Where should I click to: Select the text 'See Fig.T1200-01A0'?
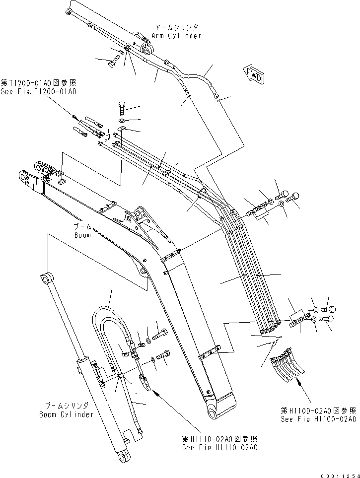pyautogui.click(x=39, y=91)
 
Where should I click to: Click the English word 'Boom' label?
pyautogui.click(x=82, y=235)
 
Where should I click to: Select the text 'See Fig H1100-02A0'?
pyautogui.click(x=318, y=419)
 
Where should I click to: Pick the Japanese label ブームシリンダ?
pyautogui.click(x=67, y=406)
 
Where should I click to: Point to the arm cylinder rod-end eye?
pyautogui.click(x=148, y=49)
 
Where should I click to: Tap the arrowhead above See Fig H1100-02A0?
pyautogui.click(x=298, y=380)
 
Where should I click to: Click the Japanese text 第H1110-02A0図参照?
pyautogui.click(x=219, y=439)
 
